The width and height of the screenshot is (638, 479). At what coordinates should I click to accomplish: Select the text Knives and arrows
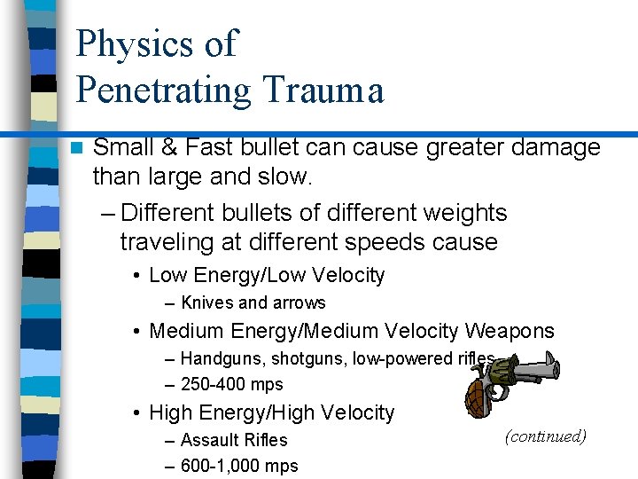(x=253, y=302)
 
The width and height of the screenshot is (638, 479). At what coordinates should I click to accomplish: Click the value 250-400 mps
(x=231, y=384)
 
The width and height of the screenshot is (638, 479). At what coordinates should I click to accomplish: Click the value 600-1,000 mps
(x=239, y=466)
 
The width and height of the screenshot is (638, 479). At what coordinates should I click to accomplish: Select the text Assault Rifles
(x=234, y=440)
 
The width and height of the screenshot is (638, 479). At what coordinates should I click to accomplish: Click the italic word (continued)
(x=545, y=436)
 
